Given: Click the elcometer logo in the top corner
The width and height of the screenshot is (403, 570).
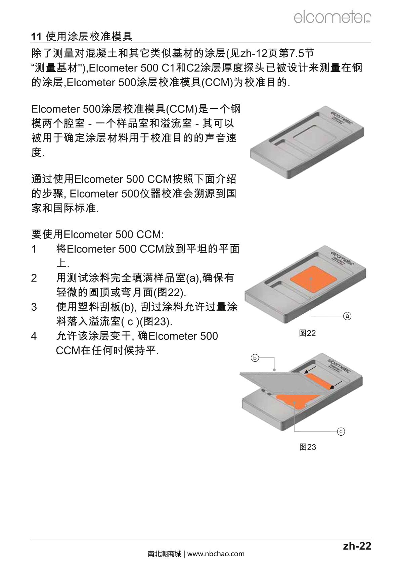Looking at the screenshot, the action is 332,17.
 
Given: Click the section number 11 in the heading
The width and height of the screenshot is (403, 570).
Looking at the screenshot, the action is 36,37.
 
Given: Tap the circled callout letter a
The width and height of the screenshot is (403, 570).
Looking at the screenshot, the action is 347,316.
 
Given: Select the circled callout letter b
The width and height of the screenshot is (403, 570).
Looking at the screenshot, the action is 255,358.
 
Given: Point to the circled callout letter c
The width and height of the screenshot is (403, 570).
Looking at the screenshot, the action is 341,431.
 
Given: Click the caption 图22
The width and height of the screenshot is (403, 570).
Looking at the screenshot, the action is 307,333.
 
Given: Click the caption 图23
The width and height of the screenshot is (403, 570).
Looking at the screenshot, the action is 308,447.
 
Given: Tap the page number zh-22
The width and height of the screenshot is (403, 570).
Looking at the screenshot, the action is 357,546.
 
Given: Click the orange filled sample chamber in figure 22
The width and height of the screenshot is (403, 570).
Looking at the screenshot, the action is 313,279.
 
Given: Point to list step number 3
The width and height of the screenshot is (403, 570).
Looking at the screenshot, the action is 34,307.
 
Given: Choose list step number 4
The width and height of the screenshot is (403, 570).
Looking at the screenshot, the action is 34,336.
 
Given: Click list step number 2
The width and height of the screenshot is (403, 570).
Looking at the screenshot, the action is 34,278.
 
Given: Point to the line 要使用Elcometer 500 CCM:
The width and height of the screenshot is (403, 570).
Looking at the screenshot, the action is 97,234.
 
